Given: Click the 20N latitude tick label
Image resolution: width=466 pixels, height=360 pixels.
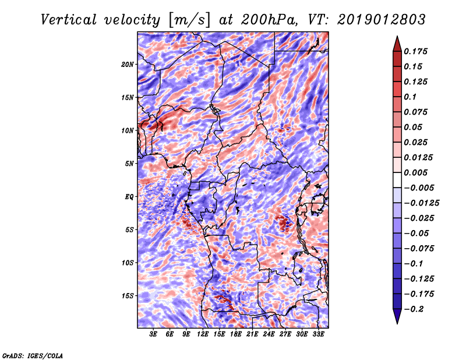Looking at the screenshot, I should (128, 64).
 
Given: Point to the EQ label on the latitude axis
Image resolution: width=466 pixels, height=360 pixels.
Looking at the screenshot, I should (129, 197).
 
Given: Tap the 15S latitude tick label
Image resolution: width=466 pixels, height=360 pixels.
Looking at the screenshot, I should (128, 296).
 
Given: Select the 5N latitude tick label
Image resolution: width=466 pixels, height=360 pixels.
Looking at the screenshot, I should (129, 164).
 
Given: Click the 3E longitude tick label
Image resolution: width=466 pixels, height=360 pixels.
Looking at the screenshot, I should (153, 334).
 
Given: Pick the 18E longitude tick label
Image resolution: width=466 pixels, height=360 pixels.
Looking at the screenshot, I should (236, 334).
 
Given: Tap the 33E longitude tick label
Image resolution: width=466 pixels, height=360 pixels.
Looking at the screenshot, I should (318, 334).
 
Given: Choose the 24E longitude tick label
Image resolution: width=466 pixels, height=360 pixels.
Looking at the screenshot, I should (269, 334).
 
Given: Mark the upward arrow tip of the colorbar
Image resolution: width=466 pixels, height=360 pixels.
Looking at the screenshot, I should (397, 38).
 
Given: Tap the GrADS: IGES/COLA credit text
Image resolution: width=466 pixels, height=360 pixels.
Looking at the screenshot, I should (32, 355).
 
